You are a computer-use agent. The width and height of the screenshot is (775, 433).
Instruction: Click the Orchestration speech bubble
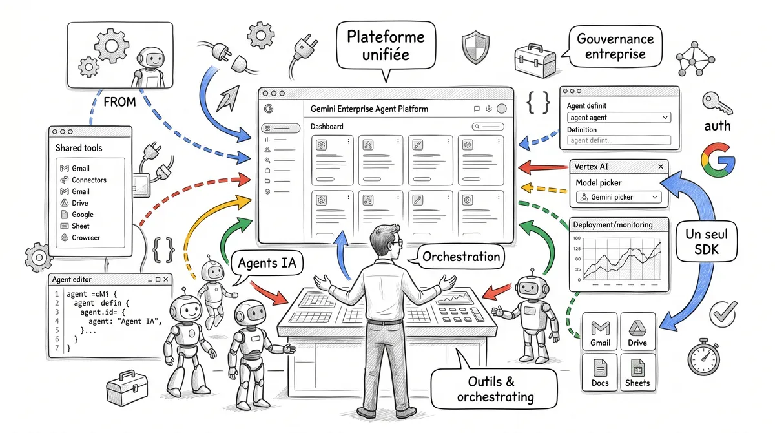460,257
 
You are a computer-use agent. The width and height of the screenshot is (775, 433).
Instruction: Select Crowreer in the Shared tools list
85,238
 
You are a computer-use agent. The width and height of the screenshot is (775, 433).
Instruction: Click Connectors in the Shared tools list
88,180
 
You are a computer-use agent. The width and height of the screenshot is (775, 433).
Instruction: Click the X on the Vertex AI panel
661,167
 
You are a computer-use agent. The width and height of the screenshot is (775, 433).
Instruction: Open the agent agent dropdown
619,118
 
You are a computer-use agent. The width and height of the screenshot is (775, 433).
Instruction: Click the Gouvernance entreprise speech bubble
615,46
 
